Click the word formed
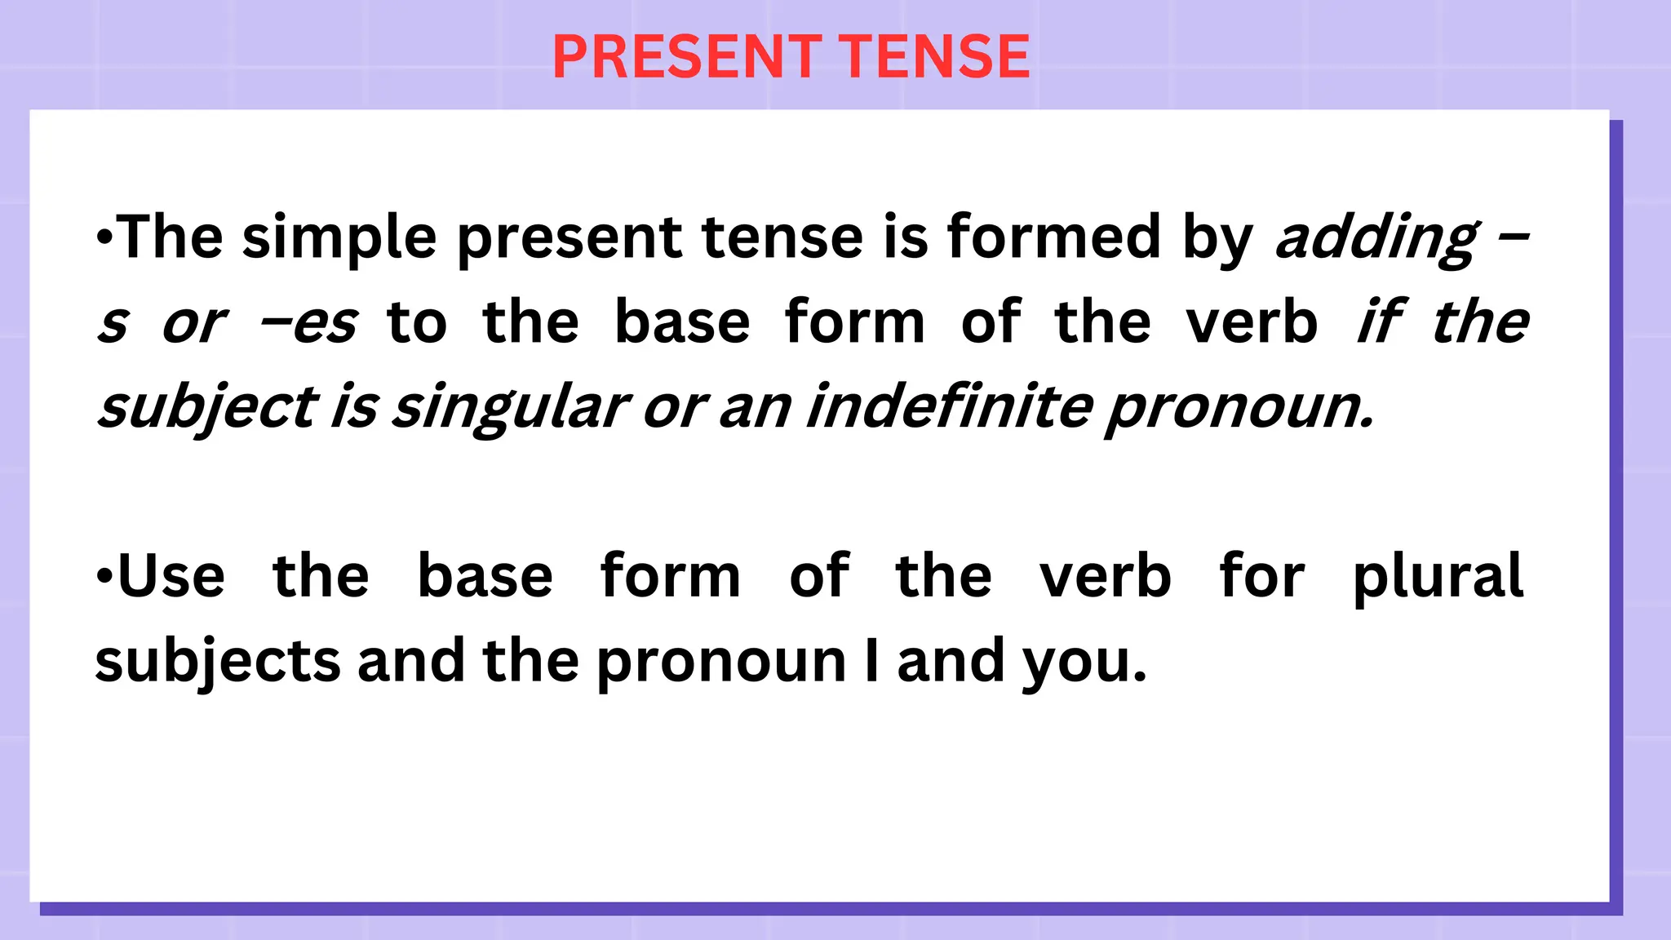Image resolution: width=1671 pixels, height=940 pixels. coord(1053,237)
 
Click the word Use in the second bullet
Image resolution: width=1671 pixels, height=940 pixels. coord(171,576)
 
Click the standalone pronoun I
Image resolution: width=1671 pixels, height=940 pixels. coord(872,660)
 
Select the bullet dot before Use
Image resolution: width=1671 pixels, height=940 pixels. coord(104,576)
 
